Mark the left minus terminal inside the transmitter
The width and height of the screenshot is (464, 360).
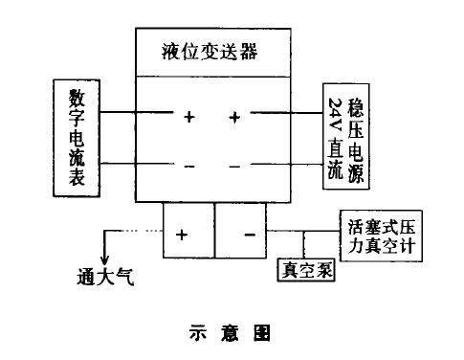pyautogui.click(x=189, y=165)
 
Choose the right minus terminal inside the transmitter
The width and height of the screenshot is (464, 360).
pyautogui.click(x=234, y=165)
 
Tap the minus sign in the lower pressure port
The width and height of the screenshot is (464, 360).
pyautogui.click(x=249, y=233)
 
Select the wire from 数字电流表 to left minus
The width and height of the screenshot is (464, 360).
pyautogui.click(x=134, y=164)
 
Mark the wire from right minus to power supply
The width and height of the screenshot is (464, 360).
pyautogui.click(x=287, y=164)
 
